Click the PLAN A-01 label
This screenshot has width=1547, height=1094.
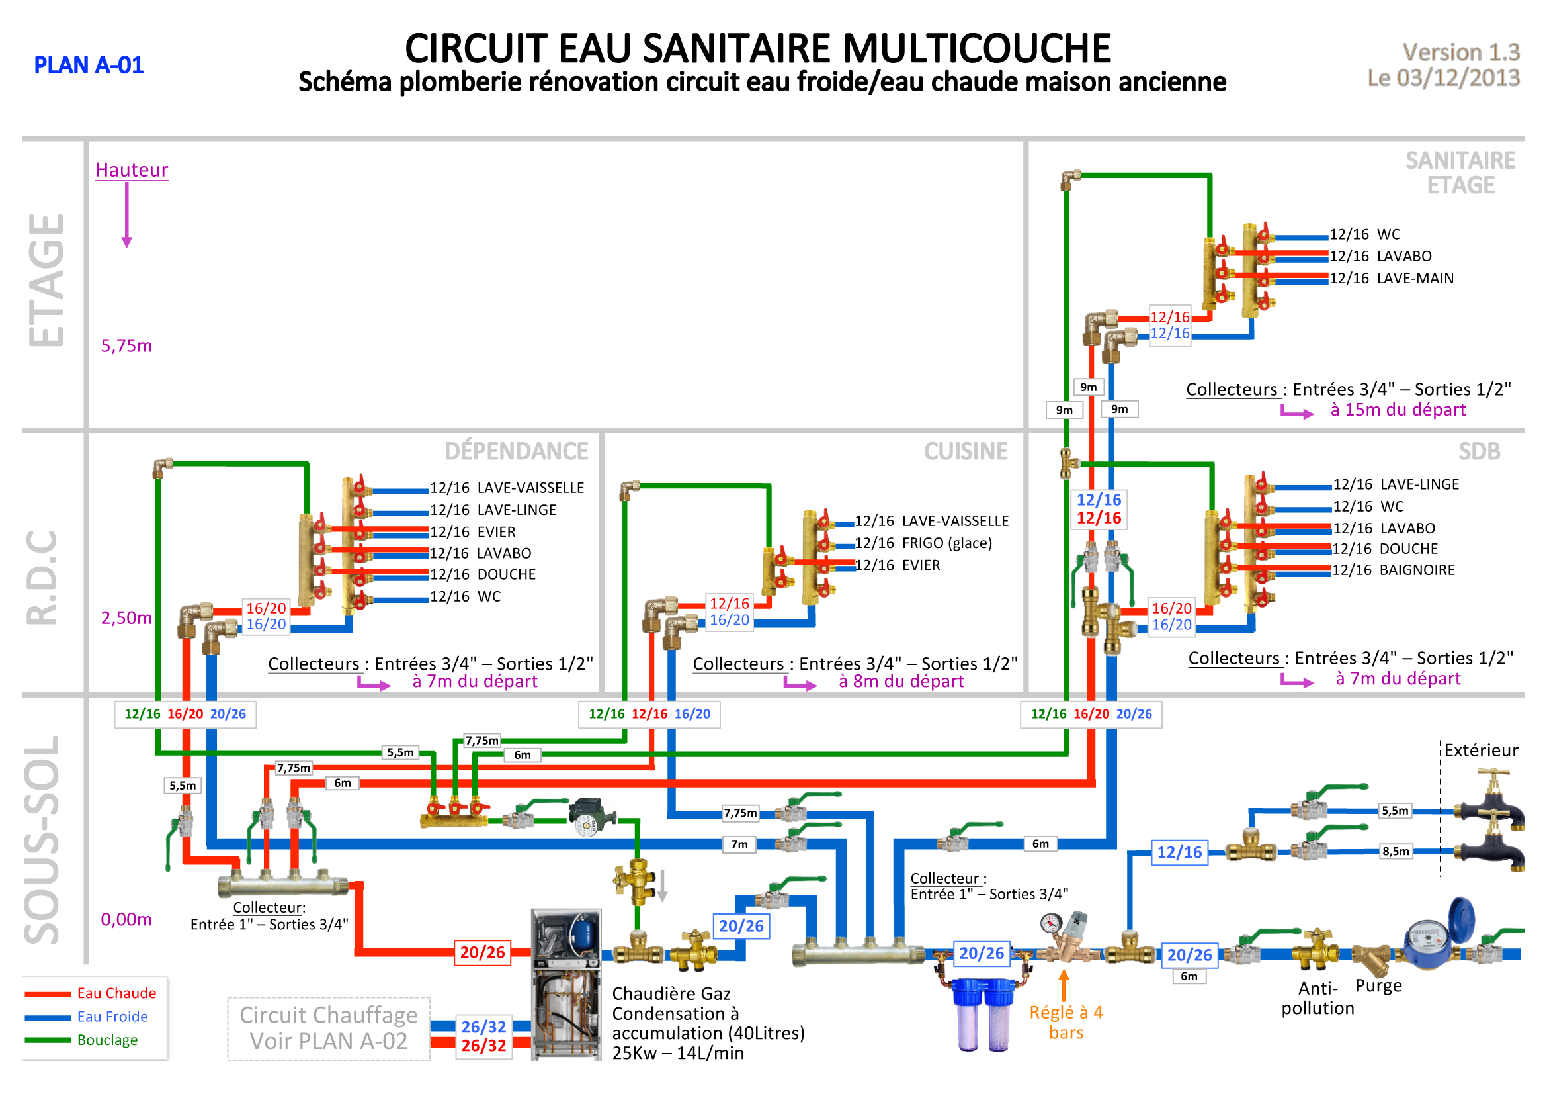coord(89,66)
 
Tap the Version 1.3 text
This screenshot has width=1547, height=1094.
coord(1461,52)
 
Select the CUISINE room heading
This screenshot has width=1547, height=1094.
coord(966,451)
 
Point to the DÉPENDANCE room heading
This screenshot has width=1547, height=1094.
coord(516,451)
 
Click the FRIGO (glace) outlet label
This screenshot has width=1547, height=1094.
coord(946,543)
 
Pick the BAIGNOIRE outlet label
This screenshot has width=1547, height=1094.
coord(1417,570)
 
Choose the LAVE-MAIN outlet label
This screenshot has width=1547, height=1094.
coord(1415,279)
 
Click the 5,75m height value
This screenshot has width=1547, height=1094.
coord(126,345)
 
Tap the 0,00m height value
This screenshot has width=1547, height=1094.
coord(126,919)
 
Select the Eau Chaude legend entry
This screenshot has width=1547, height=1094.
coord(116,993)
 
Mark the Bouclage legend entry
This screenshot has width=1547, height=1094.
coord(107,1040)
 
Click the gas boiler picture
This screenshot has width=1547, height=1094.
coord(566,984)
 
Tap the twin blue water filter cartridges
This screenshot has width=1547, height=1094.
coord(982,1015)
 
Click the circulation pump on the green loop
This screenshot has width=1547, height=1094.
coord(591,817)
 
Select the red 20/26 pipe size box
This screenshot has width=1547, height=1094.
coord(482,952)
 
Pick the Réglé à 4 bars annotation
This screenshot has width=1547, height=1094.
coord(1066,1023)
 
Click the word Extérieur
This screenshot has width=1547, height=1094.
coord(1481,751)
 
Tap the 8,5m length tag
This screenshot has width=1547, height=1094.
coord(1396,851)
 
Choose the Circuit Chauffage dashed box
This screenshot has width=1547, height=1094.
coord(329,1028)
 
